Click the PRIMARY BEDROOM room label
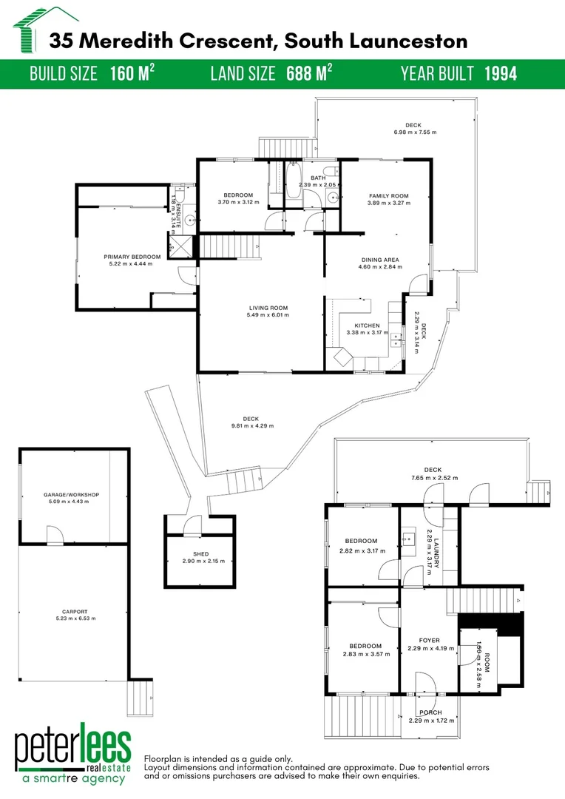pos(132,257)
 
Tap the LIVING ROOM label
pos(268,308)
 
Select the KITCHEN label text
pos(368,326)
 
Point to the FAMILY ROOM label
pos(389,195)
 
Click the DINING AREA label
pos(380,260)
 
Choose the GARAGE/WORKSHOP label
pos(71,494)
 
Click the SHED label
pos(200,553)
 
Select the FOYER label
pos(429,641)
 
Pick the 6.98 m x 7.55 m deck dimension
pos(415,132)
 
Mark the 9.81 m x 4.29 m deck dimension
pos(252,426)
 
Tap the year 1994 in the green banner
pos(501,73)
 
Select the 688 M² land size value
pos(303,73)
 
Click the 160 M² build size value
pos(132,73)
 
